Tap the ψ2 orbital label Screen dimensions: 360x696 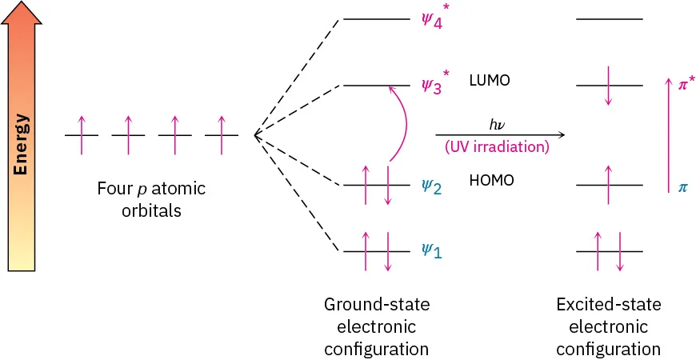[432, 186]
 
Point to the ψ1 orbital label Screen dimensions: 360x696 [432, 250]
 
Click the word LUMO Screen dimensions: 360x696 [490, 81]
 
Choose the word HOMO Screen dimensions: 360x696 [491, 181]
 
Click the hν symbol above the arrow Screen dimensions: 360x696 [496, 124]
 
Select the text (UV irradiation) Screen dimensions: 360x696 [496, 147]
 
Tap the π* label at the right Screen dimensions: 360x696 [686, 83]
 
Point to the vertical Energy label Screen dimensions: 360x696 [22, 145]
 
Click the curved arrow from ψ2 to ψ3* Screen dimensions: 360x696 [406, 124]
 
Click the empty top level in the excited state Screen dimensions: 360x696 [609, 18]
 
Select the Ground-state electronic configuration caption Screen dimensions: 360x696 [376, 326]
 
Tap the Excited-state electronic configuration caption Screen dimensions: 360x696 [609, 326]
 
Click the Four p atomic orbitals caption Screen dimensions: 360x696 [151, 200]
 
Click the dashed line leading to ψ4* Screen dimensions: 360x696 [298, 76]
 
